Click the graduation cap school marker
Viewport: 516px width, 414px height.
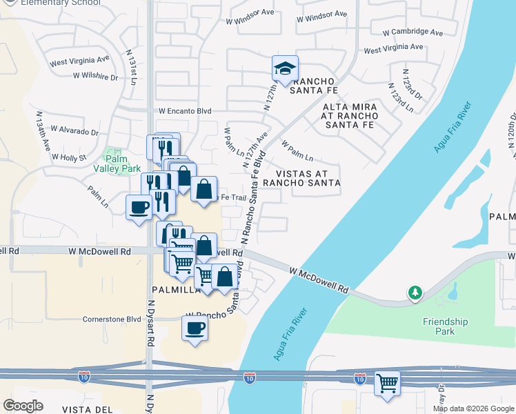pos(285,68)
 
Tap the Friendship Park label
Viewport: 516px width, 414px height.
pos(445,326)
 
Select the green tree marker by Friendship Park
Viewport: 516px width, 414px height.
pos(414,293)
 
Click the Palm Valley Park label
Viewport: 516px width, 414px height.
pos(122,163)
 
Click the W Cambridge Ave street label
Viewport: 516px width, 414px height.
pos(413,32)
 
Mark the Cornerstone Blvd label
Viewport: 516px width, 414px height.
pos(112,319)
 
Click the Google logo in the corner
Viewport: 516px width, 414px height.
pos(23,406)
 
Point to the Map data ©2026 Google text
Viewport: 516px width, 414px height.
pos(473,408)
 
